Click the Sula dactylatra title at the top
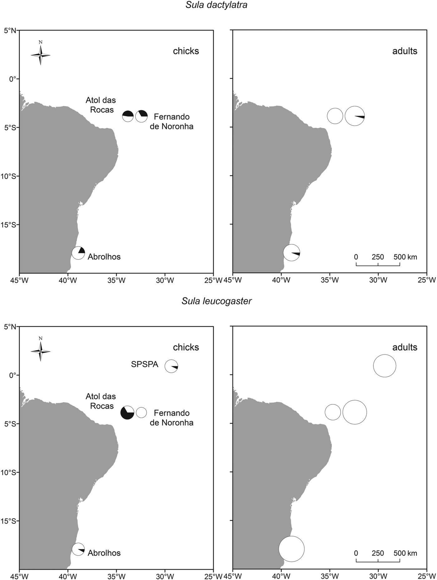tap(216, 5)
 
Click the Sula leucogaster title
tap(216, 301)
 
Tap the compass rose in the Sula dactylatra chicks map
tap(41, 55)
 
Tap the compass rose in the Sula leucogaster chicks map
tap(41, 351)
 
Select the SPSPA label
tap(145, 364)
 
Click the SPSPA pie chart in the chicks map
tap(171, 366)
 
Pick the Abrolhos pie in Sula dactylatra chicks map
tap(78, 253)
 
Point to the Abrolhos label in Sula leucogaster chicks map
tap(104, 553)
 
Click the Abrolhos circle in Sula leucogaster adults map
tap(292, 549)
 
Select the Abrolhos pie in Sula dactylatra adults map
tap(292, 253)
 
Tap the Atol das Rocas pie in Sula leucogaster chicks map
tap(127, 413)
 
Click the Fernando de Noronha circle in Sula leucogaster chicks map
tap(141, 413)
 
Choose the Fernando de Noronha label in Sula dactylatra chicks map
tap(171, 122)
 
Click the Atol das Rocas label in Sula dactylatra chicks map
tap(101, 105)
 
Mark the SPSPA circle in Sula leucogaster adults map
tap(385, 366)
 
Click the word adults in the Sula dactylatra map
tap(405, 51)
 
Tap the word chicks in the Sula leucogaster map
tap(186, 347)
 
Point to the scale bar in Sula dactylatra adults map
tap(378, 265)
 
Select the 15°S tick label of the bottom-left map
tap(9, 521)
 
